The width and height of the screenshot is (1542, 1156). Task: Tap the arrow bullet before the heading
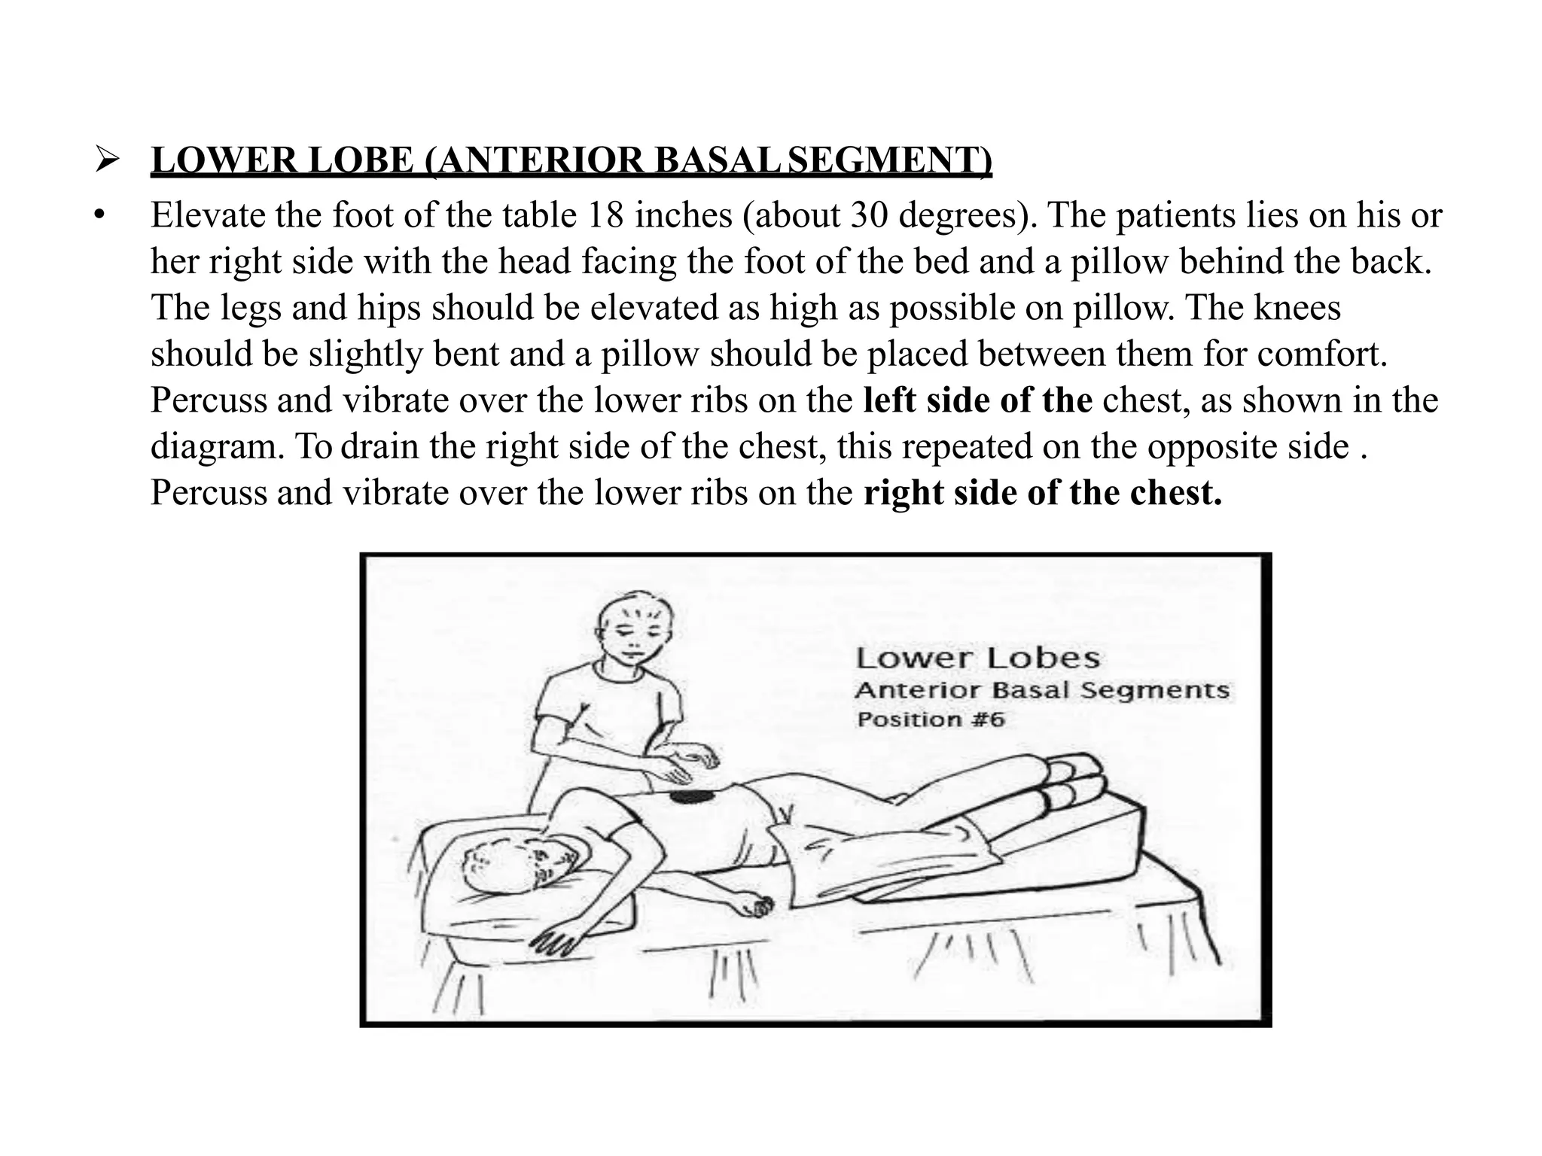click(105, 160)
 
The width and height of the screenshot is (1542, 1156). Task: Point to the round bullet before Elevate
click(98, 215)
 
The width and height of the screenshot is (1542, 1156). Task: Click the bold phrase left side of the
click(977, 400)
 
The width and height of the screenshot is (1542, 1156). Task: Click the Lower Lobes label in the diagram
click(977, 659)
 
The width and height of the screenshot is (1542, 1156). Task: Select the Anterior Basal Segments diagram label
click(1041, 690)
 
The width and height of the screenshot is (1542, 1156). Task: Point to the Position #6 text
click(931, 719)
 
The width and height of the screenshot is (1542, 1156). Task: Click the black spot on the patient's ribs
click(687, 796)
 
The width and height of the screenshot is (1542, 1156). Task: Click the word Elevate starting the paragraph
click(208, 215)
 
